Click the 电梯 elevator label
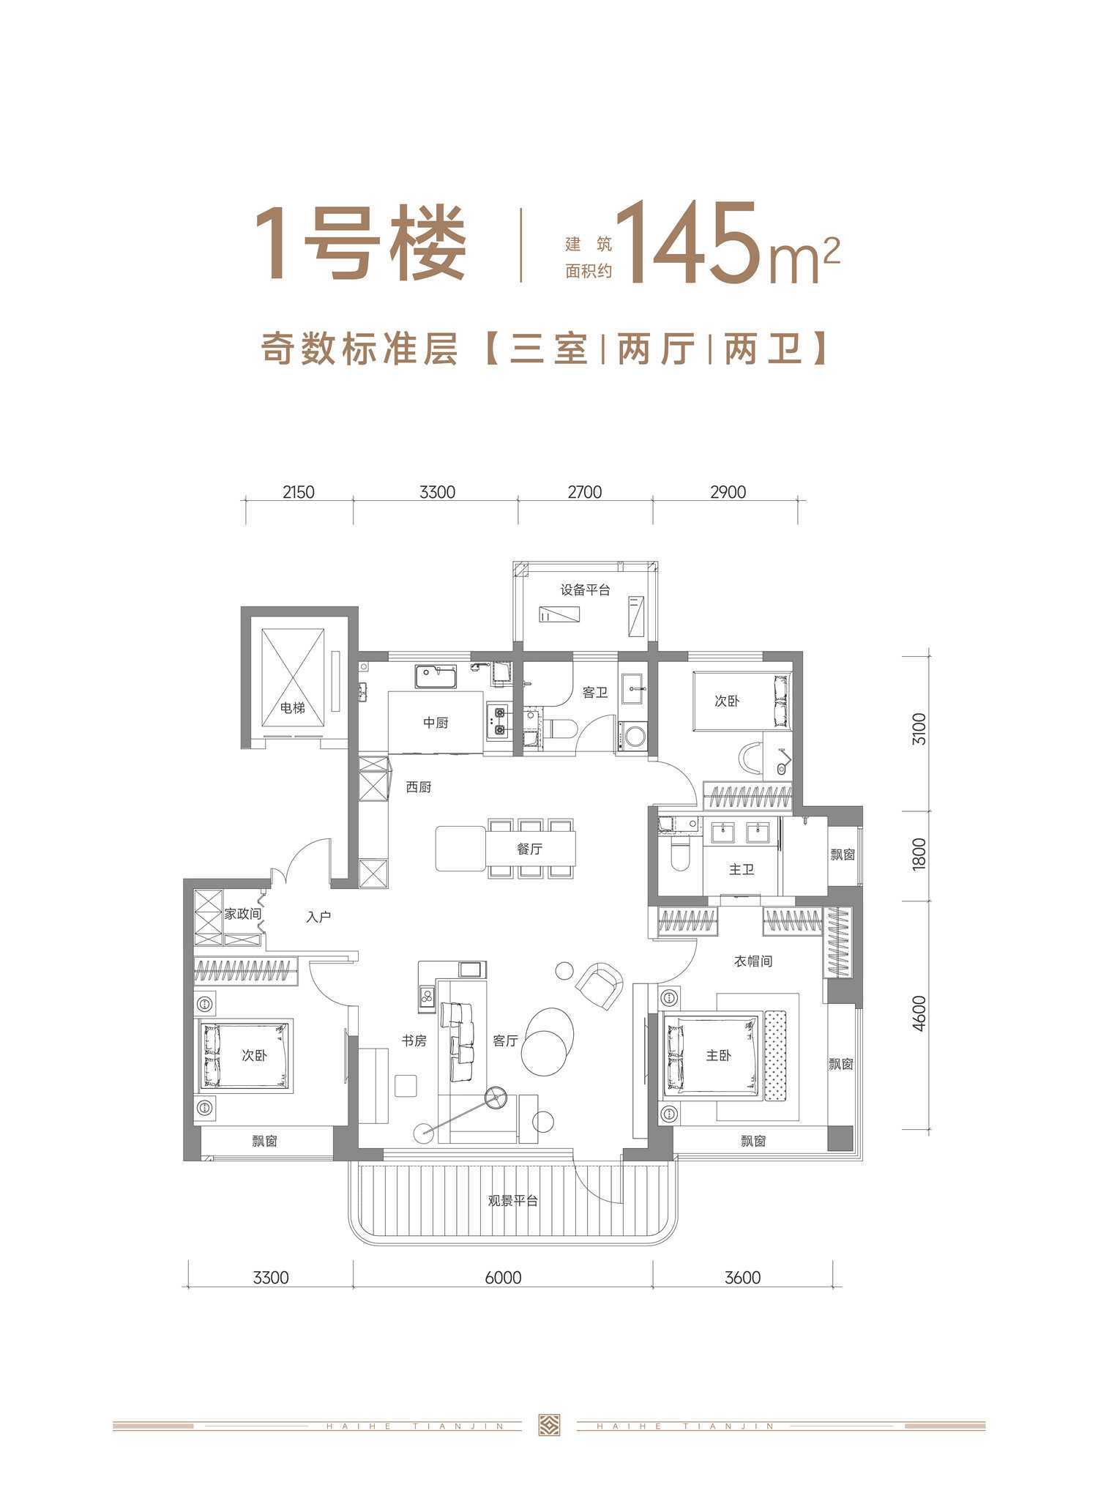click(293, 708)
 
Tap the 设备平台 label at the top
click(585, 589)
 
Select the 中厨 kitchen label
click(436, 723)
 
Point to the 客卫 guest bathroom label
click(595, 692)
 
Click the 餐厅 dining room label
click(529, 849)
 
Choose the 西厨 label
click(419, 787)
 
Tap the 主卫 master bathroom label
click(742, 869)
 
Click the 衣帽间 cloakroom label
click(753, 961)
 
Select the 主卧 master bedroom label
click(718, 1055)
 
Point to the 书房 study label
click(414, 1040)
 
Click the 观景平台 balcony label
click(513, 1201)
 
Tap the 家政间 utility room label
click(242, 914)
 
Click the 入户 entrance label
click(319, 917)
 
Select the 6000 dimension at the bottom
click(503, 1278)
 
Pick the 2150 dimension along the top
click(298, 492)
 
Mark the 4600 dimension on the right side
click(919, 1013)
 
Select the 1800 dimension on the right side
click(919, 853)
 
